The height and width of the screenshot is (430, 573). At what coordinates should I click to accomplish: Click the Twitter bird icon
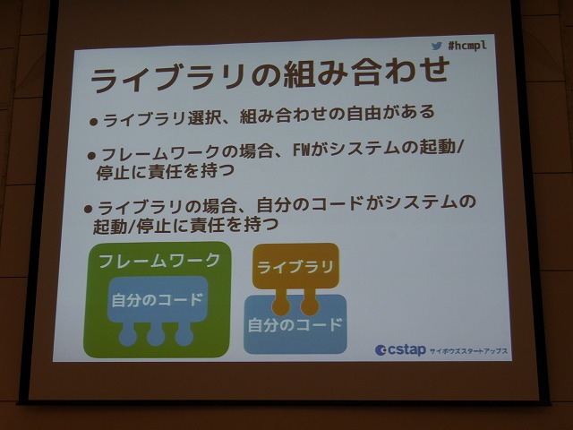(436, 46)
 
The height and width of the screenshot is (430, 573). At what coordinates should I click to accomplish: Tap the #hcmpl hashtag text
(467, 46)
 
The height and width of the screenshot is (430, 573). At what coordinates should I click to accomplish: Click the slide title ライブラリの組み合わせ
(270, 74)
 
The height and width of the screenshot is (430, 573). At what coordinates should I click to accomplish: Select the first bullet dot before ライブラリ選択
(93, 122)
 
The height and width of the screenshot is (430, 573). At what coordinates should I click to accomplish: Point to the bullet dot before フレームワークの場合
(91, 156)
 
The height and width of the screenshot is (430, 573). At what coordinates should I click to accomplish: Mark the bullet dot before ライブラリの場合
(88, 209)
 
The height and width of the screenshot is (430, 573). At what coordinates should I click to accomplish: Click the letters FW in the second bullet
(302, 150)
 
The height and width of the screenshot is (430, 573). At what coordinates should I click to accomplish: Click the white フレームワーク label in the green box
(159, 261)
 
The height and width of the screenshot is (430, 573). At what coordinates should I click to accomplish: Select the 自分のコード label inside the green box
(158, 300)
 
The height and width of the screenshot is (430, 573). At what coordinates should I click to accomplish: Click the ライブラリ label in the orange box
(295, 267)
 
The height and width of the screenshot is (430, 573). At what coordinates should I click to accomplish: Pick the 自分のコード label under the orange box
(295, 324)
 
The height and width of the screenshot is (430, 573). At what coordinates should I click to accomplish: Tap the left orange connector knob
(281, 305)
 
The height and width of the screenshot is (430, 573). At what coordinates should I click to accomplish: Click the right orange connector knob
(310, 305)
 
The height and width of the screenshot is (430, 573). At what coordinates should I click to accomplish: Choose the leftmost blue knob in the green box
(128, 337)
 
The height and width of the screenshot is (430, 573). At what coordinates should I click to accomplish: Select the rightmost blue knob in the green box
(184, 337)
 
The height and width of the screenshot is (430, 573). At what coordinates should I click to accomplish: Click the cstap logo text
(406, 350)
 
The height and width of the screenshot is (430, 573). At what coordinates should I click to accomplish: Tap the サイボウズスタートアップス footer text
(468, 351)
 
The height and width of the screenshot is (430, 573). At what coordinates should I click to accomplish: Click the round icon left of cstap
(381, 350)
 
